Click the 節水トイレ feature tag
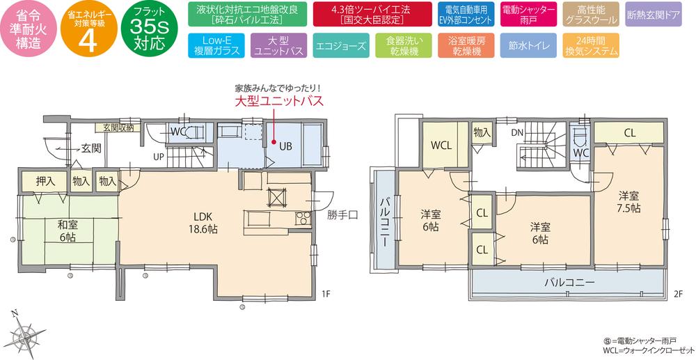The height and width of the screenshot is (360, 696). point(528,46)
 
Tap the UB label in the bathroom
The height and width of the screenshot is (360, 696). point(285,147)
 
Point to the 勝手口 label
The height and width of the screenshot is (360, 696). point(342,215)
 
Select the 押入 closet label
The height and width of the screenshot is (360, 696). point(46,181)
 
